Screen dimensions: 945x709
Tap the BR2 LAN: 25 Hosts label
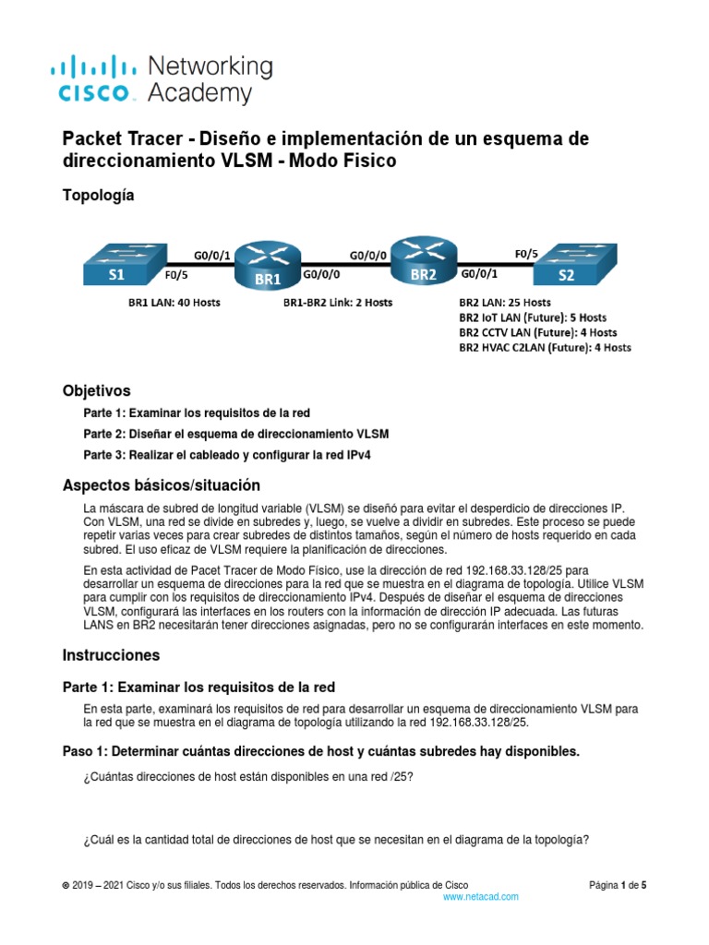click(x=505, y=302)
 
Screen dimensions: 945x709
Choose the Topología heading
click(x=98, y=195)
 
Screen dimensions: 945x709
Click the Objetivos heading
click(x=96, y=390)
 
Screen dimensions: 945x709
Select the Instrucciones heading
click(x=111, y=655)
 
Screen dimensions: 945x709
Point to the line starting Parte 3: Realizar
click(x=229, y=454)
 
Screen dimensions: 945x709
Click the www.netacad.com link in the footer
click(x=481, y=896)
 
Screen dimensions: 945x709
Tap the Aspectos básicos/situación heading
click(x=161, y=484)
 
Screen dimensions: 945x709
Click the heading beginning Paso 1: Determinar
click(x=320, y=751)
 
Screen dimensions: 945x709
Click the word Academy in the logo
click(x=199, y=93)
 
